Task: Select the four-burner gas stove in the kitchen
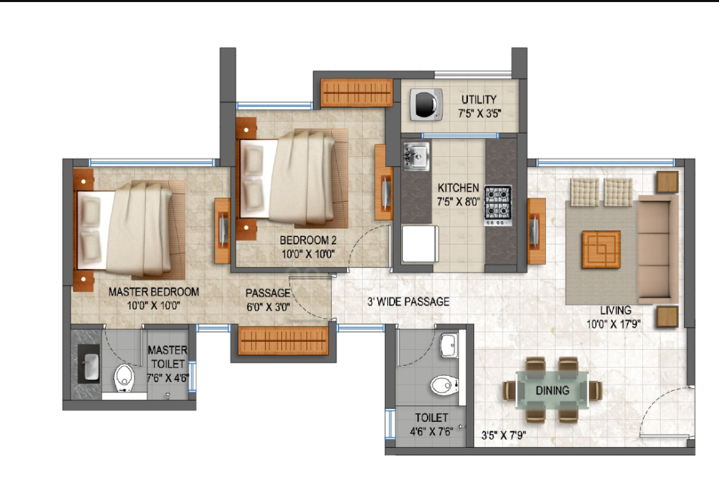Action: (x=498, y=204)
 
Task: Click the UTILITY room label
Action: (x=478, y=100)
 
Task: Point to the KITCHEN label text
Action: (x=458, y=188)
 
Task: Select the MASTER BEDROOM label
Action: (x=154, y=292)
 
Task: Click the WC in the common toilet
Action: (x=443, y=385)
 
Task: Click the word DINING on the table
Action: (x=553, y=391)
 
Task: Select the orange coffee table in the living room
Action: (x=601, y=249)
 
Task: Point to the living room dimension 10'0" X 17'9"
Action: (x=613, y=323)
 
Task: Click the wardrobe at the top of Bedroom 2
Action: (x=356, y=92)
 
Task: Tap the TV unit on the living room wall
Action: (x=536, y=229)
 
